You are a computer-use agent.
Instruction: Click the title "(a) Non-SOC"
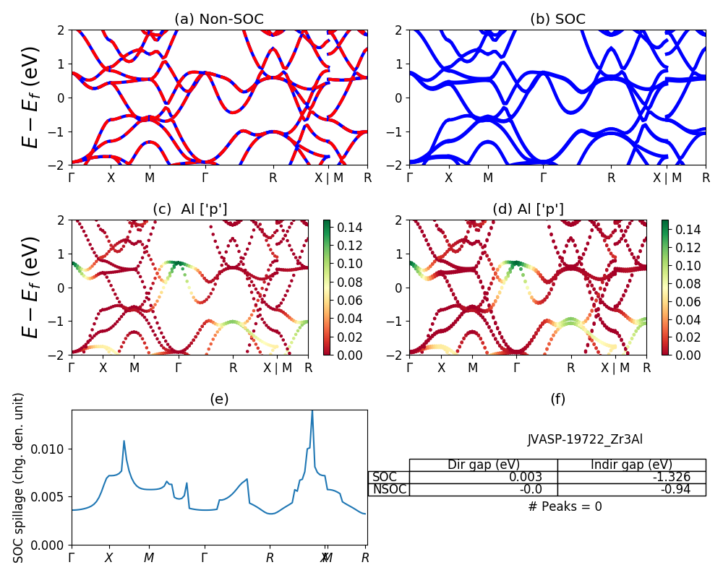pyautogui.click(x=219, y=20)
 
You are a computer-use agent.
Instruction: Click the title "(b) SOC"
pyautogui.click(x=557, y=20)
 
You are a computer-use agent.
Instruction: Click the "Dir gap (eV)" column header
pyautogui.click(x=483, y=465)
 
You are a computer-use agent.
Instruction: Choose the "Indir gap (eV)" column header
pyautogui.click(x=631, y=465)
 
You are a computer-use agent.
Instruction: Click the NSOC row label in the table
pyautogui.click(x=389, y=489)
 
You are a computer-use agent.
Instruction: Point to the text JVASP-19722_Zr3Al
pyautogui.click(x=585, y=439)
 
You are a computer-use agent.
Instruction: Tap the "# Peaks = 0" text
pyautogui.click(x=565, y=506)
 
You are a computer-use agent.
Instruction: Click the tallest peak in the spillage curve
pyautogui.click(x=312, y=411)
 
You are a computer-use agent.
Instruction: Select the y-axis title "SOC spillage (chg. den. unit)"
pyautogui.click(x=19, y=478)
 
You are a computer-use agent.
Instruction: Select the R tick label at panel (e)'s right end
pyautogui.click(x=366, y=558)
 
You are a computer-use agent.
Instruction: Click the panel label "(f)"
pyautogui.click(x=557, y=399)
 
